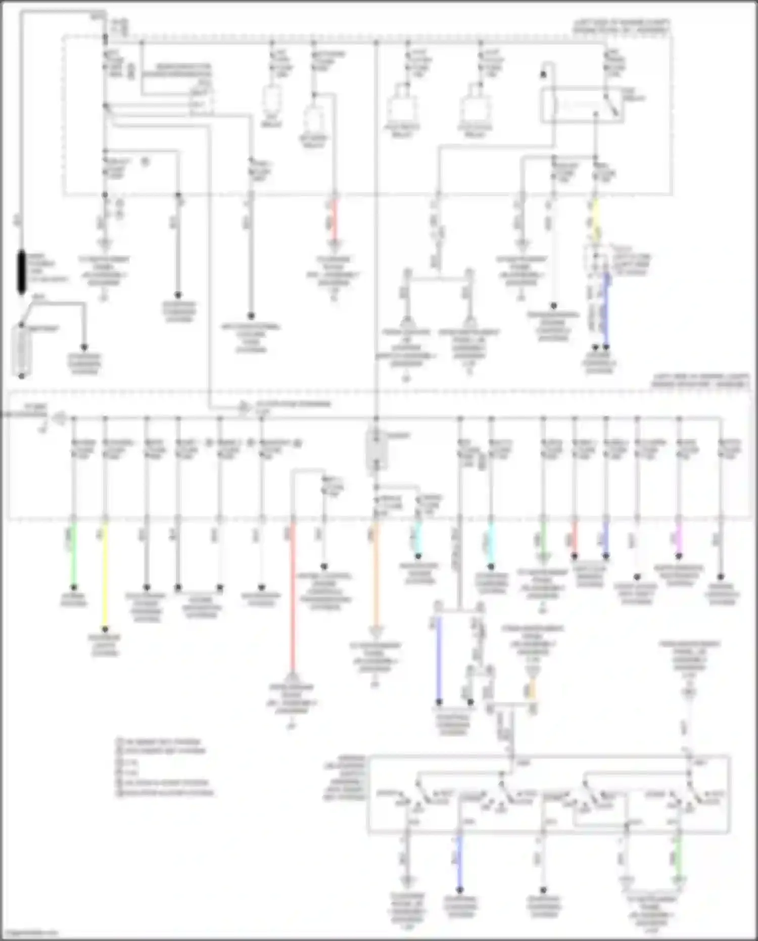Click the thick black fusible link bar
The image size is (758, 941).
coord(22,272)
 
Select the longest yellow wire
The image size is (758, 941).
coord(105,576)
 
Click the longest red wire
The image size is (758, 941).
coord(292,597)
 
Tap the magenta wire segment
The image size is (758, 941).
coord(679,539)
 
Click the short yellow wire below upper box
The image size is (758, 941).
coord(596,220)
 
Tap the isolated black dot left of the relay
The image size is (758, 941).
coord(544,74)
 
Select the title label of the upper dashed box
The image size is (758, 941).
coord(622,26)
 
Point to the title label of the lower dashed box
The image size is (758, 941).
coord(700,381)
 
